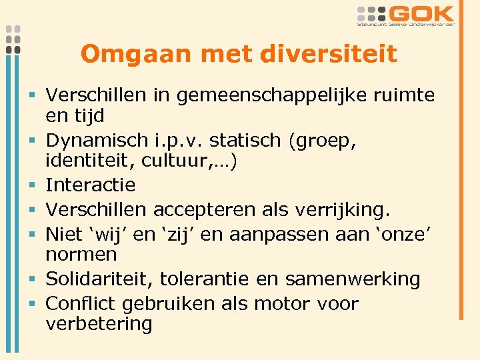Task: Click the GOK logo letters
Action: [423, 14]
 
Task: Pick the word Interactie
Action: [91, 185]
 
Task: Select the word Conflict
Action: [81, 304]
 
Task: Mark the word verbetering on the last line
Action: [99, 324]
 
